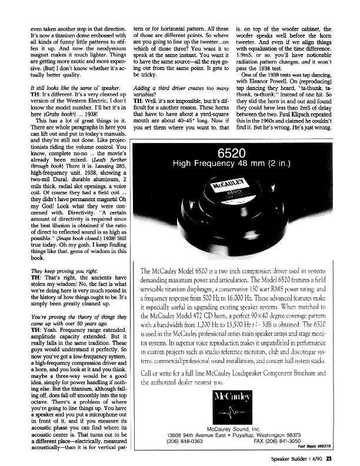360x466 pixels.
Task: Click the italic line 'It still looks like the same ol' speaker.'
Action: pyautogui.click(x=65, y=87)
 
